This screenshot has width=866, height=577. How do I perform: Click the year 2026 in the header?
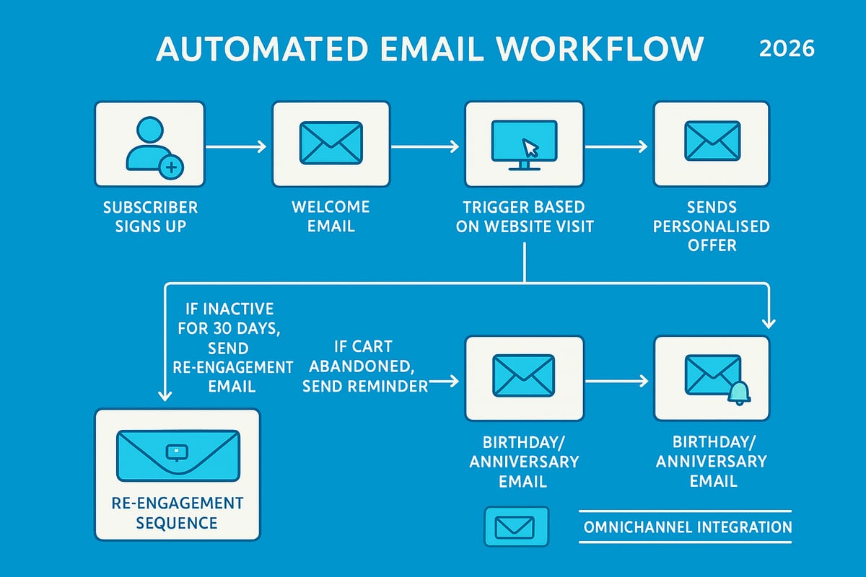(787, 49)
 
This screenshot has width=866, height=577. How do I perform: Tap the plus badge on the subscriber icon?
(172, 168)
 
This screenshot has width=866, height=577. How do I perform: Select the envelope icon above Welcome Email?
(330, 141)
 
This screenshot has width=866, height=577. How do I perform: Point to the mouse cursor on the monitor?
(531, 148)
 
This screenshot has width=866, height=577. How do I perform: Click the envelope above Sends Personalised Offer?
(712, 141)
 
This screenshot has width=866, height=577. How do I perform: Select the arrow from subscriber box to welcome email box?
(236, 147)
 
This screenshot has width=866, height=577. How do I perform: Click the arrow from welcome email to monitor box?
(424, 147)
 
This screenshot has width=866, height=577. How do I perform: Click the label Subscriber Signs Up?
(150, 216)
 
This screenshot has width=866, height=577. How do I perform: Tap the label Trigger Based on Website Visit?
(525, 216)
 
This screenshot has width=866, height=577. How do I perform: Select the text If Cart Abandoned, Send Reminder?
(364, 366)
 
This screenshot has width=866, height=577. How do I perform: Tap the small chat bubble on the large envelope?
(177, 452)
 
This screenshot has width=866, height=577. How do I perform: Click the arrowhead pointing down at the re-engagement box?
(165, 395)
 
